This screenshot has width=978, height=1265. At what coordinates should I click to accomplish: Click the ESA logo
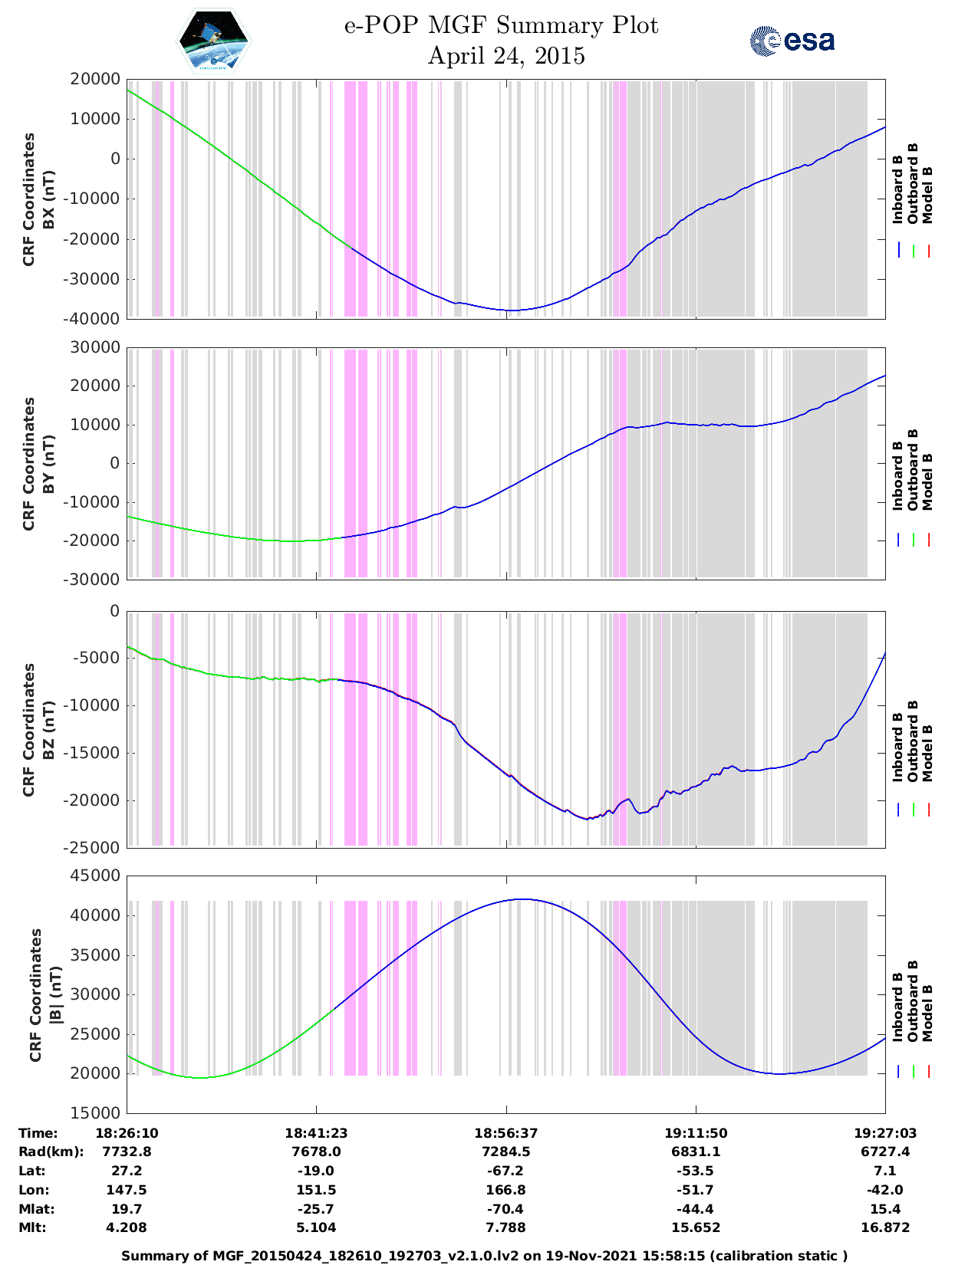[792, 41]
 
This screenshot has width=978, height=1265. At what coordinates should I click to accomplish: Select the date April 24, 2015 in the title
[505, 56]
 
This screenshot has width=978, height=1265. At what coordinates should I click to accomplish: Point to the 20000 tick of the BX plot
[95, 80]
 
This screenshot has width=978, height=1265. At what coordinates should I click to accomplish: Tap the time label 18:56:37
[505, 1133]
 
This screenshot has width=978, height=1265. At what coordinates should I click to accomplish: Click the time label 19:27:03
[885, 1133]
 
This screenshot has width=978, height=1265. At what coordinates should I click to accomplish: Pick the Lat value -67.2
[505, 1171]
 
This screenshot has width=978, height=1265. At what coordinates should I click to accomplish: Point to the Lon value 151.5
[316, 1190]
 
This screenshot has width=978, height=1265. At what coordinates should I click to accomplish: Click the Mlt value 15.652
[696, 1227]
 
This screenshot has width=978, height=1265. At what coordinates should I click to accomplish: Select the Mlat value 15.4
[885, 1209]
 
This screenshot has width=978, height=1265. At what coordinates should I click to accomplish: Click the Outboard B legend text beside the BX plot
[913, 183]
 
